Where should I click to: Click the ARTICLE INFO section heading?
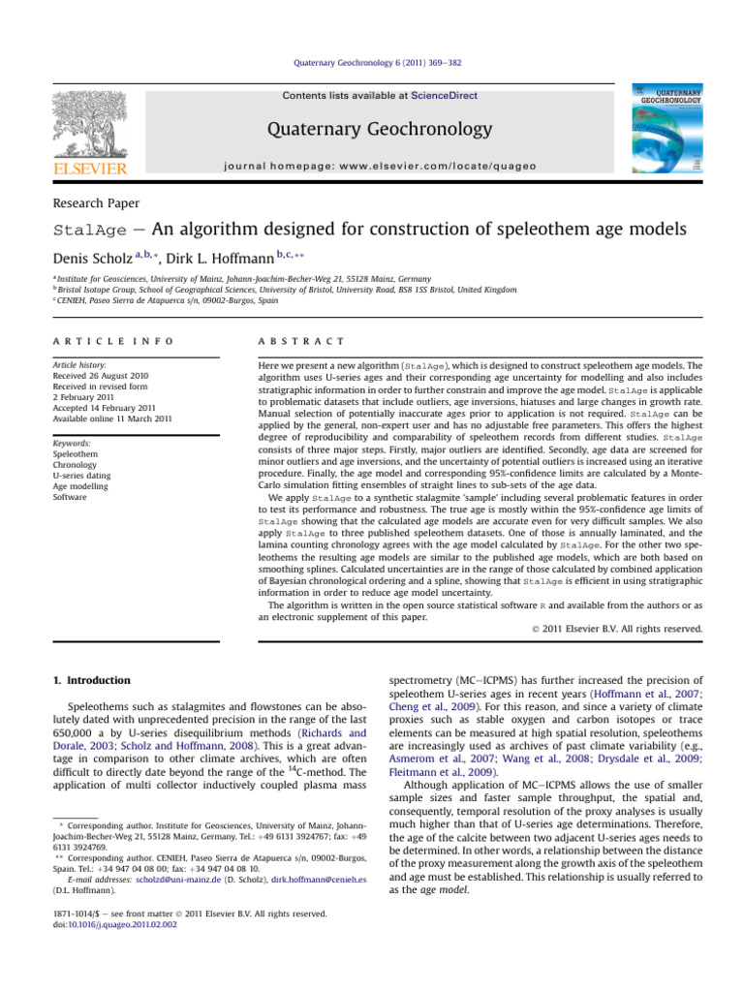114,341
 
